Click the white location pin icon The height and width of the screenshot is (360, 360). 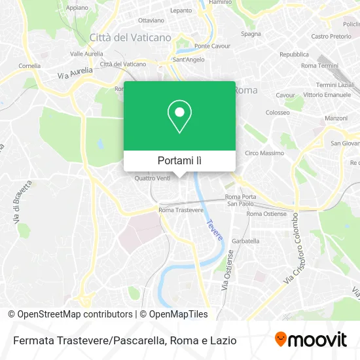tap(179, 116)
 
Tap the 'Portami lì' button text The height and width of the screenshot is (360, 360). tap(179, 160)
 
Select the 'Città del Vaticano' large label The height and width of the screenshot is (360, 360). tap(130, 37)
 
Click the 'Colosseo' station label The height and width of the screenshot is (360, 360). tap(278, 113)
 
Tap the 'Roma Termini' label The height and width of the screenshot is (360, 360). tap(318, 65)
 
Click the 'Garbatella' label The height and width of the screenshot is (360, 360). tap(246, 240)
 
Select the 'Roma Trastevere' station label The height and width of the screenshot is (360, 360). tap(181, 210)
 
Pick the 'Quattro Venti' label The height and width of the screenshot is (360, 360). tap(152, 178)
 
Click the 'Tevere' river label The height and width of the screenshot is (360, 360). tap(215, 228)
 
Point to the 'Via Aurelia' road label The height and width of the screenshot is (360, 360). tap(71, 76)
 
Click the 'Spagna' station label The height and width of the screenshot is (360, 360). tap(251, 33)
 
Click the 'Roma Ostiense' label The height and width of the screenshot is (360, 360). tap(266, 213)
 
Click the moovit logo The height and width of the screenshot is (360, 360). tap(311, 340)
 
